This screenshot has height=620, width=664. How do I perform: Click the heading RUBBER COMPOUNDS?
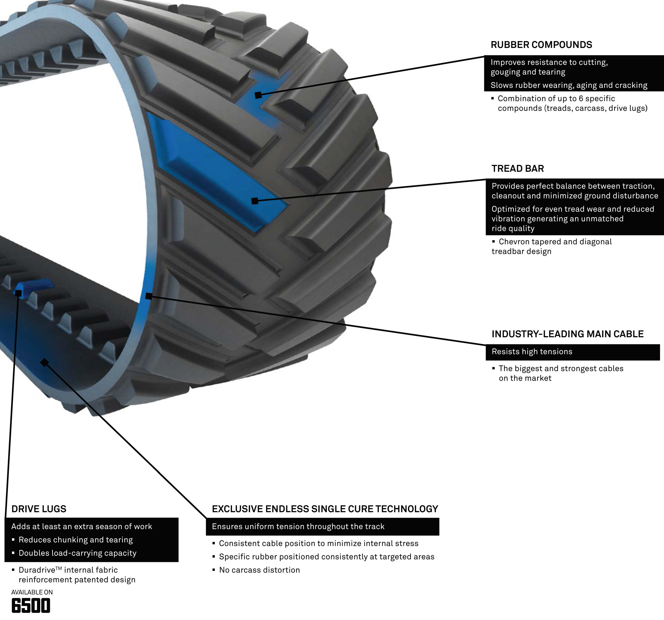coord(541,45)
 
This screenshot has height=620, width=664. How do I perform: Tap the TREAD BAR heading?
coord(517,169)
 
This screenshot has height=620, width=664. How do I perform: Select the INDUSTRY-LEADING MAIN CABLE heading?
coord(567,334)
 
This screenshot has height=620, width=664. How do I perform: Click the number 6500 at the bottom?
coord(31,606)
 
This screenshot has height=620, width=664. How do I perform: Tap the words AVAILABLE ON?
coord(32,592)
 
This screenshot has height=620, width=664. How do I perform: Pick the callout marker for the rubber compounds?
coord(258,95)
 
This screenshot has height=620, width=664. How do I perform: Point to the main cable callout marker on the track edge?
coord(149,296)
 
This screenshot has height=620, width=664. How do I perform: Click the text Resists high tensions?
coord(532,352)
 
